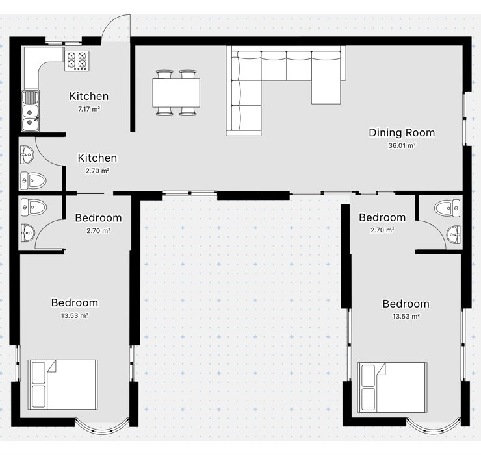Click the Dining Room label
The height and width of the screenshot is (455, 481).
point(402,132)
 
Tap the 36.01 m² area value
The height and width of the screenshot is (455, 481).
point(402,145)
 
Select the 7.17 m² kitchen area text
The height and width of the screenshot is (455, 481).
point(89,109)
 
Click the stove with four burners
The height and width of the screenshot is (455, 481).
point(77,60)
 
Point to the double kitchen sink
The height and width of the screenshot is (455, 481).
point(31,111)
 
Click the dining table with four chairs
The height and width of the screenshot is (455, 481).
point(176,93)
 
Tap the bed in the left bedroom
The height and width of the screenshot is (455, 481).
point(63,384)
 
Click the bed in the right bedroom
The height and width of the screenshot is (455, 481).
point(393,387)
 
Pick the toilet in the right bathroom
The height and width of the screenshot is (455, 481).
point(447,208)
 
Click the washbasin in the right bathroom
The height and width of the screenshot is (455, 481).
point(454,235)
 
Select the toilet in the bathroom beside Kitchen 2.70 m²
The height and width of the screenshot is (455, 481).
point(33,180)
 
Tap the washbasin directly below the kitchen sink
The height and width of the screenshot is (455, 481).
point(27,155)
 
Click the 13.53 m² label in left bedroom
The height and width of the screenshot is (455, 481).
point(75,315)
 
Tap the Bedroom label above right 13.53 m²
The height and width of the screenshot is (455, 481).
point(406,304)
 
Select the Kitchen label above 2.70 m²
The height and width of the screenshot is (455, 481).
point(97,158)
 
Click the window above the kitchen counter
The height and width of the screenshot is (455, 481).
point(64,43)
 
